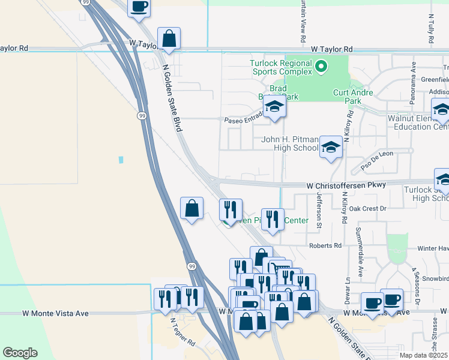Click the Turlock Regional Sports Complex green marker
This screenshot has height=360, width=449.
[x=321, y=66]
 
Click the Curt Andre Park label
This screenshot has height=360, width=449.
[x=353, y=97]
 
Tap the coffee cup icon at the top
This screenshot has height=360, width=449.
[x=139, y=7]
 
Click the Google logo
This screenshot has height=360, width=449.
[x=20, y=353]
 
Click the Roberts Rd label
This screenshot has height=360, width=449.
[x=325, y=245]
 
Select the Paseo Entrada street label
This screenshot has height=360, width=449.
[x=244, y=119]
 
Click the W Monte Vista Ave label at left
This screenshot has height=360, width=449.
[x=55, y=313]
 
